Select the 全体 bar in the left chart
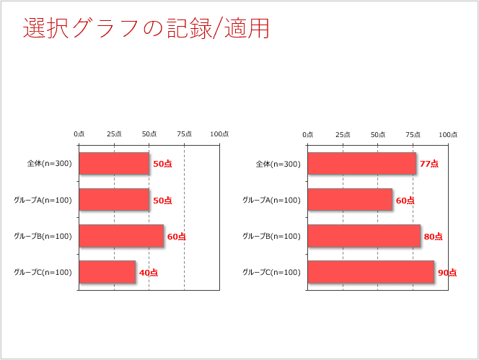113,164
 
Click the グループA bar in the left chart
113,200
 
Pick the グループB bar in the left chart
120,236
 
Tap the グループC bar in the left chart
107,272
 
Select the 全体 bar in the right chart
361,164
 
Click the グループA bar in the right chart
350,200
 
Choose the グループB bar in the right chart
364,236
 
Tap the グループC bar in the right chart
371,272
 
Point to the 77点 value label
429,164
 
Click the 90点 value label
447,273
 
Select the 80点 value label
433,237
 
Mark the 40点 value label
149,273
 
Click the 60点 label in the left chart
176,237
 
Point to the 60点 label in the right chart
405,201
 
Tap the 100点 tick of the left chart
219,134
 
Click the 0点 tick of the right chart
308,134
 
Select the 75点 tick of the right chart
413,134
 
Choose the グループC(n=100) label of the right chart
271,272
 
